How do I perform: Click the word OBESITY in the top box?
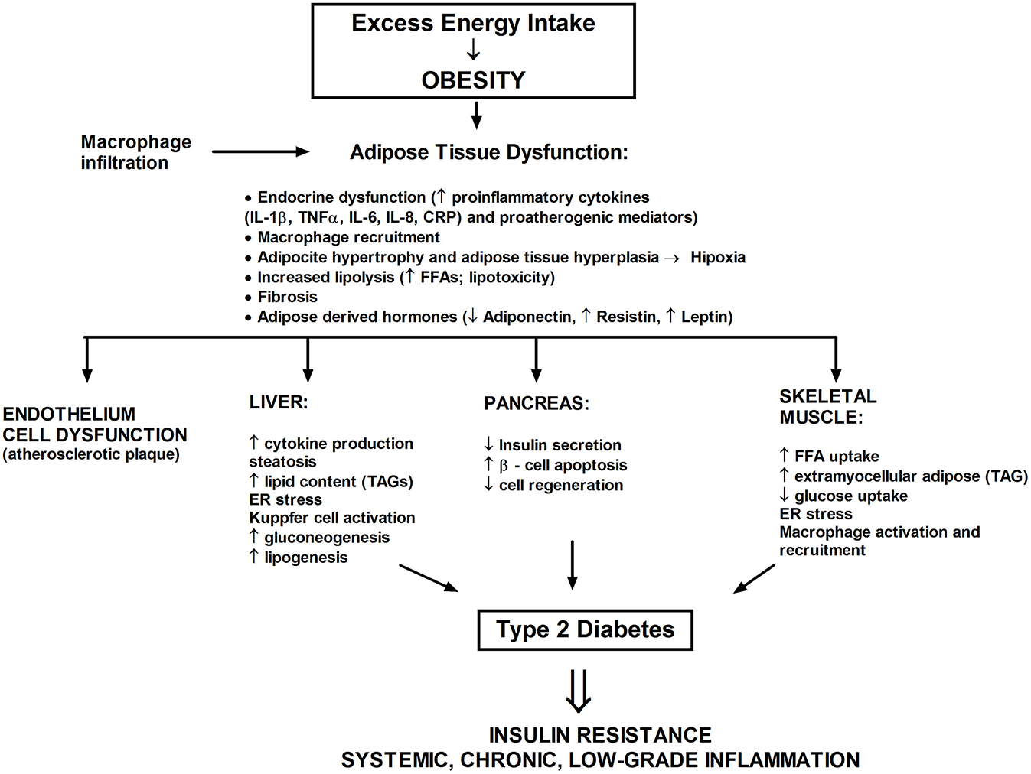tap(473, 80)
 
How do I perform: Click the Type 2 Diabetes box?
tap(585, 629)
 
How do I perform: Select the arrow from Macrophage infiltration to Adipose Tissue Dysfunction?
tap(259, 151)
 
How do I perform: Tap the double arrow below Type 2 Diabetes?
tap(579, 691)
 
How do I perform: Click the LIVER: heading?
tap(279, 402)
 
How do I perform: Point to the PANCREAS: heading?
tap(537, 404)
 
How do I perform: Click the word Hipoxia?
tap(717, 257)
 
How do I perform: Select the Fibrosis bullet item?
tap(287, 297)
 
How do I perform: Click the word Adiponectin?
tap(528, 317)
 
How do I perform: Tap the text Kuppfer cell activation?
tap(332, 518)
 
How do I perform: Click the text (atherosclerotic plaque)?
tap(91, 454)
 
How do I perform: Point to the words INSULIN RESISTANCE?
tap(600, 735)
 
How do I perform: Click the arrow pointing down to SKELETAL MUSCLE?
tap(835, 359)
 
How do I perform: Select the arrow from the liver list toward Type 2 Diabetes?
tap(429, 577)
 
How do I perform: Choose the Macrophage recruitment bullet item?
tap(348, 237)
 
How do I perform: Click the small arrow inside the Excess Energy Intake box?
tap(473, 50)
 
